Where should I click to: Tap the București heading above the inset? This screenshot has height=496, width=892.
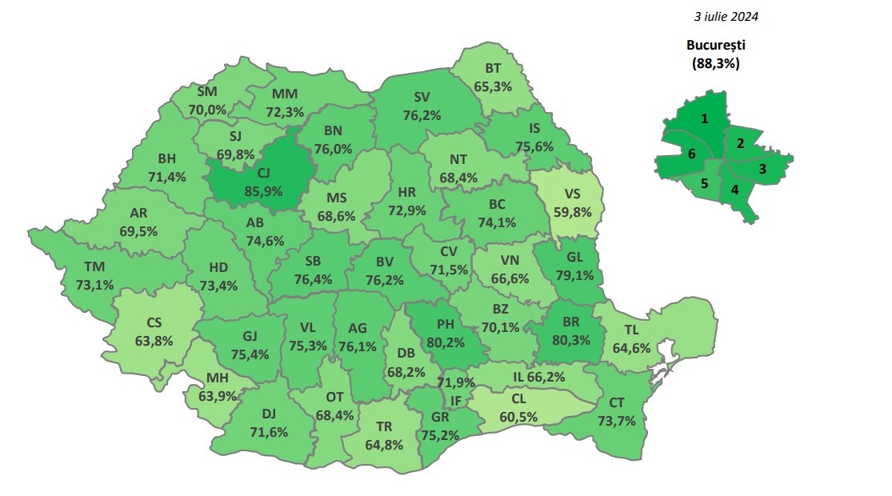point(716,46)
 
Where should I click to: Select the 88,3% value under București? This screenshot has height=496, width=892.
point(716,63)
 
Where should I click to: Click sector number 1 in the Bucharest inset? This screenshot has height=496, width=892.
point(704,118)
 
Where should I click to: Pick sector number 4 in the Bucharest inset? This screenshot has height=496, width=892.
point(734,190)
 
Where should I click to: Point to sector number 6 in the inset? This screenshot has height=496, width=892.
point(691,154)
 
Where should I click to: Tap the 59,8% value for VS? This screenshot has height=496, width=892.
point(572,212)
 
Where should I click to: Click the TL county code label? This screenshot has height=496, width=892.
point(632,330)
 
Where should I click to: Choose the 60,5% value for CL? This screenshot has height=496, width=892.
point(518,416)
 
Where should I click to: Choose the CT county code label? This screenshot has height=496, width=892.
point(617,402)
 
